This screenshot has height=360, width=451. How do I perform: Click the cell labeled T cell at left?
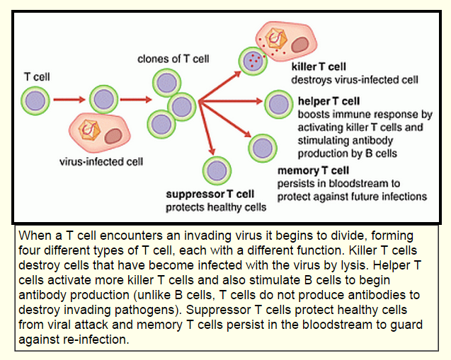coord(35,100)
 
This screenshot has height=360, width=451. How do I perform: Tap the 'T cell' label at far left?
coord(36,76)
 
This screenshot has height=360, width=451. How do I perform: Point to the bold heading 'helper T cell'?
coord(329,102)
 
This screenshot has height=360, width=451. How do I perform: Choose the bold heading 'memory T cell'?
coord(313,171)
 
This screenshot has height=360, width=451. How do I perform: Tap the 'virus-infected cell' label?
coord(101,161)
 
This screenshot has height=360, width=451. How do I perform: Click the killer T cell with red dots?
coord(253,61)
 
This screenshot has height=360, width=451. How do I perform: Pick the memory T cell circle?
coord(263,149)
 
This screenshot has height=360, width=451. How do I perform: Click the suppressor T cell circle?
coord(216,170)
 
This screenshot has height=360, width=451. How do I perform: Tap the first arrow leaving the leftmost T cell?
coord(69,100)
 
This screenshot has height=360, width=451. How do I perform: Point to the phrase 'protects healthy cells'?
coord(216,207)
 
